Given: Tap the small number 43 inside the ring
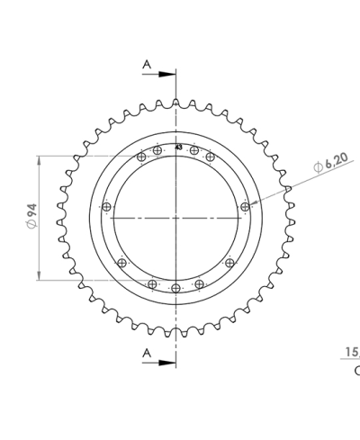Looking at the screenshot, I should coord(178,147).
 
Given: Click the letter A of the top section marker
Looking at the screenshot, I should coord(146,64).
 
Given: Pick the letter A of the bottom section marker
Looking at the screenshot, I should coord(146,354).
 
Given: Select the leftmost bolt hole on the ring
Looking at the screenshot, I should coord(107,208).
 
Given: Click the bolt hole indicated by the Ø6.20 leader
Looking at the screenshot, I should coord(245,208).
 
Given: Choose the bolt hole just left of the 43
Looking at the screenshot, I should coord(158,150).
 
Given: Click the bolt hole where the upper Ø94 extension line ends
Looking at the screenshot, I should coord(140,158).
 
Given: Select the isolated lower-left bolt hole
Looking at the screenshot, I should coord(122,263).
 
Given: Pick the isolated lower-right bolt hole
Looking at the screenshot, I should coord(229,263).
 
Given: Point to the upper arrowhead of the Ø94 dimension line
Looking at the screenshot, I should coord(40,159).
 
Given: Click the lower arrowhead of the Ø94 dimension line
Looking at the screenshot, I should coord(40,276).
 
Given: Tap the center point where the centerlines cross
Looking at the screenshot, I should coord(175,218).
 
